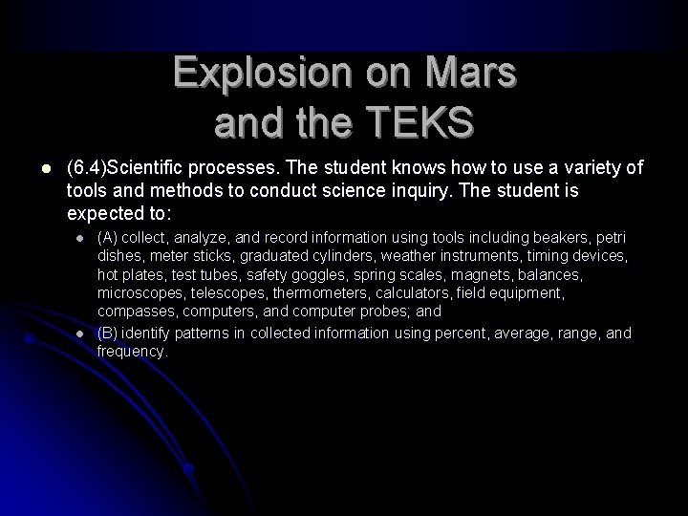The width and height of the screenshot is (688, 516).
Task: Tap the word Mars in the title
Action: (467, 73)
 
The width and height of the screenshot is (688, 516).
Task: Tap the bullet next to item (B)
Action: (81, 333)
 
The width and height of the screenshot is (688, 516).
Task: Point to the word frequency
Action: (132, 351)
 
